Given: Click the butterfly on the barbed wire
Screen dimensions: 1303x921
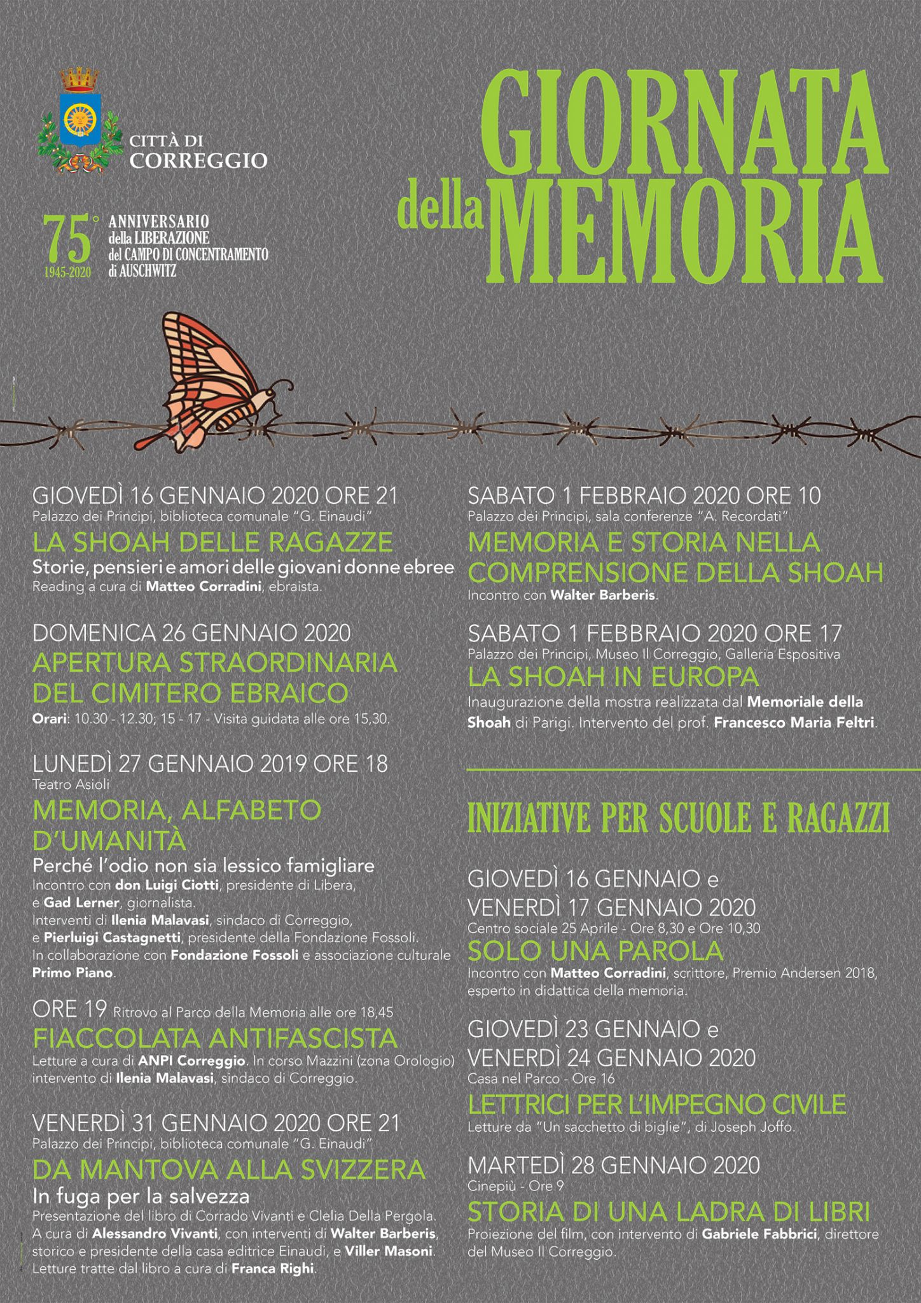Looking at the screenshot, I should click(216, 382).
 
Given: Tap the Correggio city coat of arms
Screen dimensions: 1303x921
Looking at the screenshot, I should click(80, 122).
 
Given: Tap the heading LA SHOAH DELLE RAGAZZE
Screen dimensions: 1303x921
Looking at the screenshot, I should click(212, 543).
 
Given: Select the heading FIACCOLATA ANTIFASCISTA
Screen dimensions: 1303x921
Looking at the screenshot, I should click(215, 1039).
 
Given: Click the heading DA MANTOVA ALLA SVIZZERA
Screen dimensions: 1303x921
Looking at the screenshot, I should click(229, 1169).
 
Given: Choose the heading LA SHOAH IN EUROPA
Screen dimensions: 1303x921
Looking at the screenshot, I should click(613, 678).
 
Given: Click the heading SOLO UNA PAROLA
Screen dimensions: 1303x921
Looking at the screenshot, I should click(595, 951).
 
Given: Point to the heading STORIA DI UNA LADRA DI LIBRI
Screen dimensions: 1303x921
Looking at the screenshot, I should click(668, 1212).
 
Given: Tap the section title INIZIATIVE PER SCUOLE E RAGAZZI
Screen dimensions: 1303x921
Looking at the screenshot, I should click(678, 819).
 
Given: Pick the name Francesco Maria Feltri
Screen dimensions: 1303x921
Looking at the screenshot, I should click(794, 723).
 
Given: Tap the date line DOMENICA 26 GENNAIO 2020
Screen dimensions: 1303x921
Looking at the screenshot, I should click(191, 633).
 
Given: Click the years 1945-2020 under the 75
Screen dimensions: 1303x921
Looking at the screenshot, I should click(67, 272).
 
